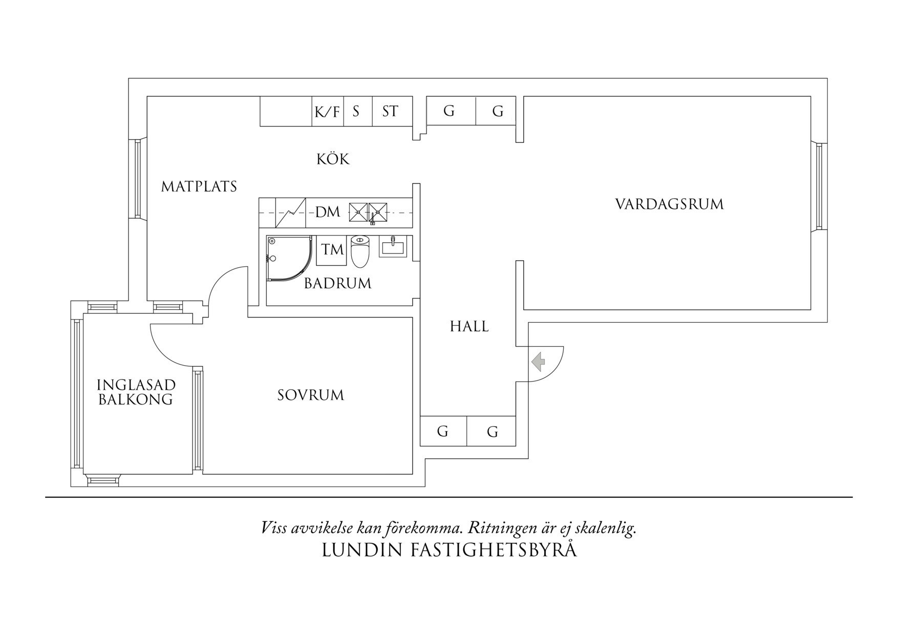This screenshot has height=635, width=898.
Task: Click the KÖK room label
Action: coord(333,159)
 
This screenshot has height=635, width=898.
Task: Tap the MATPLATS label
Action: coord(199,186)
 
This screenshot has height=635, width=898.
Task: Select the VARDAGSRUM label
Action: coord(669,204)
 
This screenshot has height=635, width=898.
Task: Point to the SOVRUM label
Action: coord(311,395)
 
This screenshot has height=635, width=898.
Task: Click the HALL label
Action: coord(469,327)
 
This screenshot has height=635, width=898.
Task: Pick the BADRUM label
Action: coord(337,284)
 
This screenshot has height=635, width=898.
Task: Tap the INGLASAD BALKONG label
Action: coord(136,392)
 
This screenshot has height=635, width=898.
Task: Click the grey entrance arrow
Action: coord(538,362)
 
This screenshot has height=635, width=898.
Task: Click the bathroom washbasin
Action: coord(393,247)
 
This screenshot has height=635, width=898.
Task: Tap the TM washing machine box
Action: coord(332,250)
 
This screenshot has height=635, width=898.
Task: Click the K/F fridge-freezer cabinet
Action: coord(328,112)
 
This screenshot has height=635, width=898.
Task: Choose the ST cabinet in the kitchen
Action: coord(390,111)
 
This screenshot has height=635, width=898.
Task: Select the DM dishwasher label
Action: coord(328,212)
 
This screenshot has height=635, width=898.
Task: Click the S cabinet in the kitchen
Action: coord(356,111)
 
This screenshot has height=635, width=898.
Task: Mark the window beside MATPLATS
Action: coord(137,178)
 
